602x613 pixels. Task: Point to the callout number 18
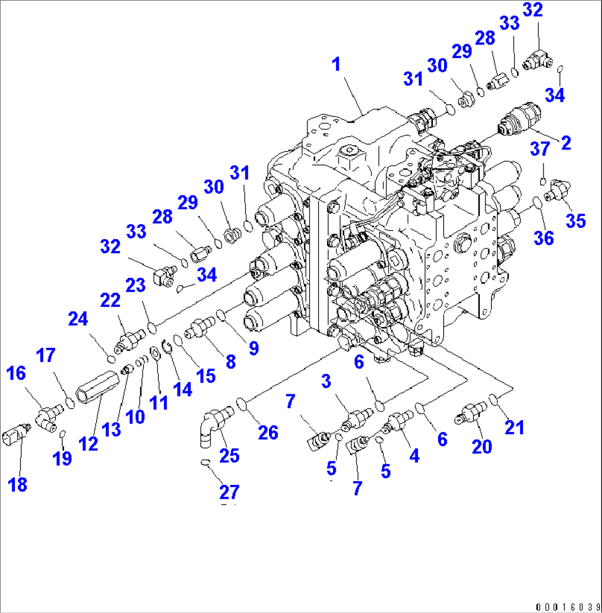[x=18, y=485]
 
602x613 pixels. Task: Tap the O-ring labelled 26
[x=241, y=405]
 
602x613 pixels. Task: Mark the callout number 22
[x=110, y=300]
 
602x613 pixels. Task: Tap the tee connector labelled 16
[x=49, y=415]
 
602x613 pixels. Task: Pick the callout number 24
[x=78, y=319]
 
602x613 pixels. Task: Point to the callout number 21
[x=515, y=426]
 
